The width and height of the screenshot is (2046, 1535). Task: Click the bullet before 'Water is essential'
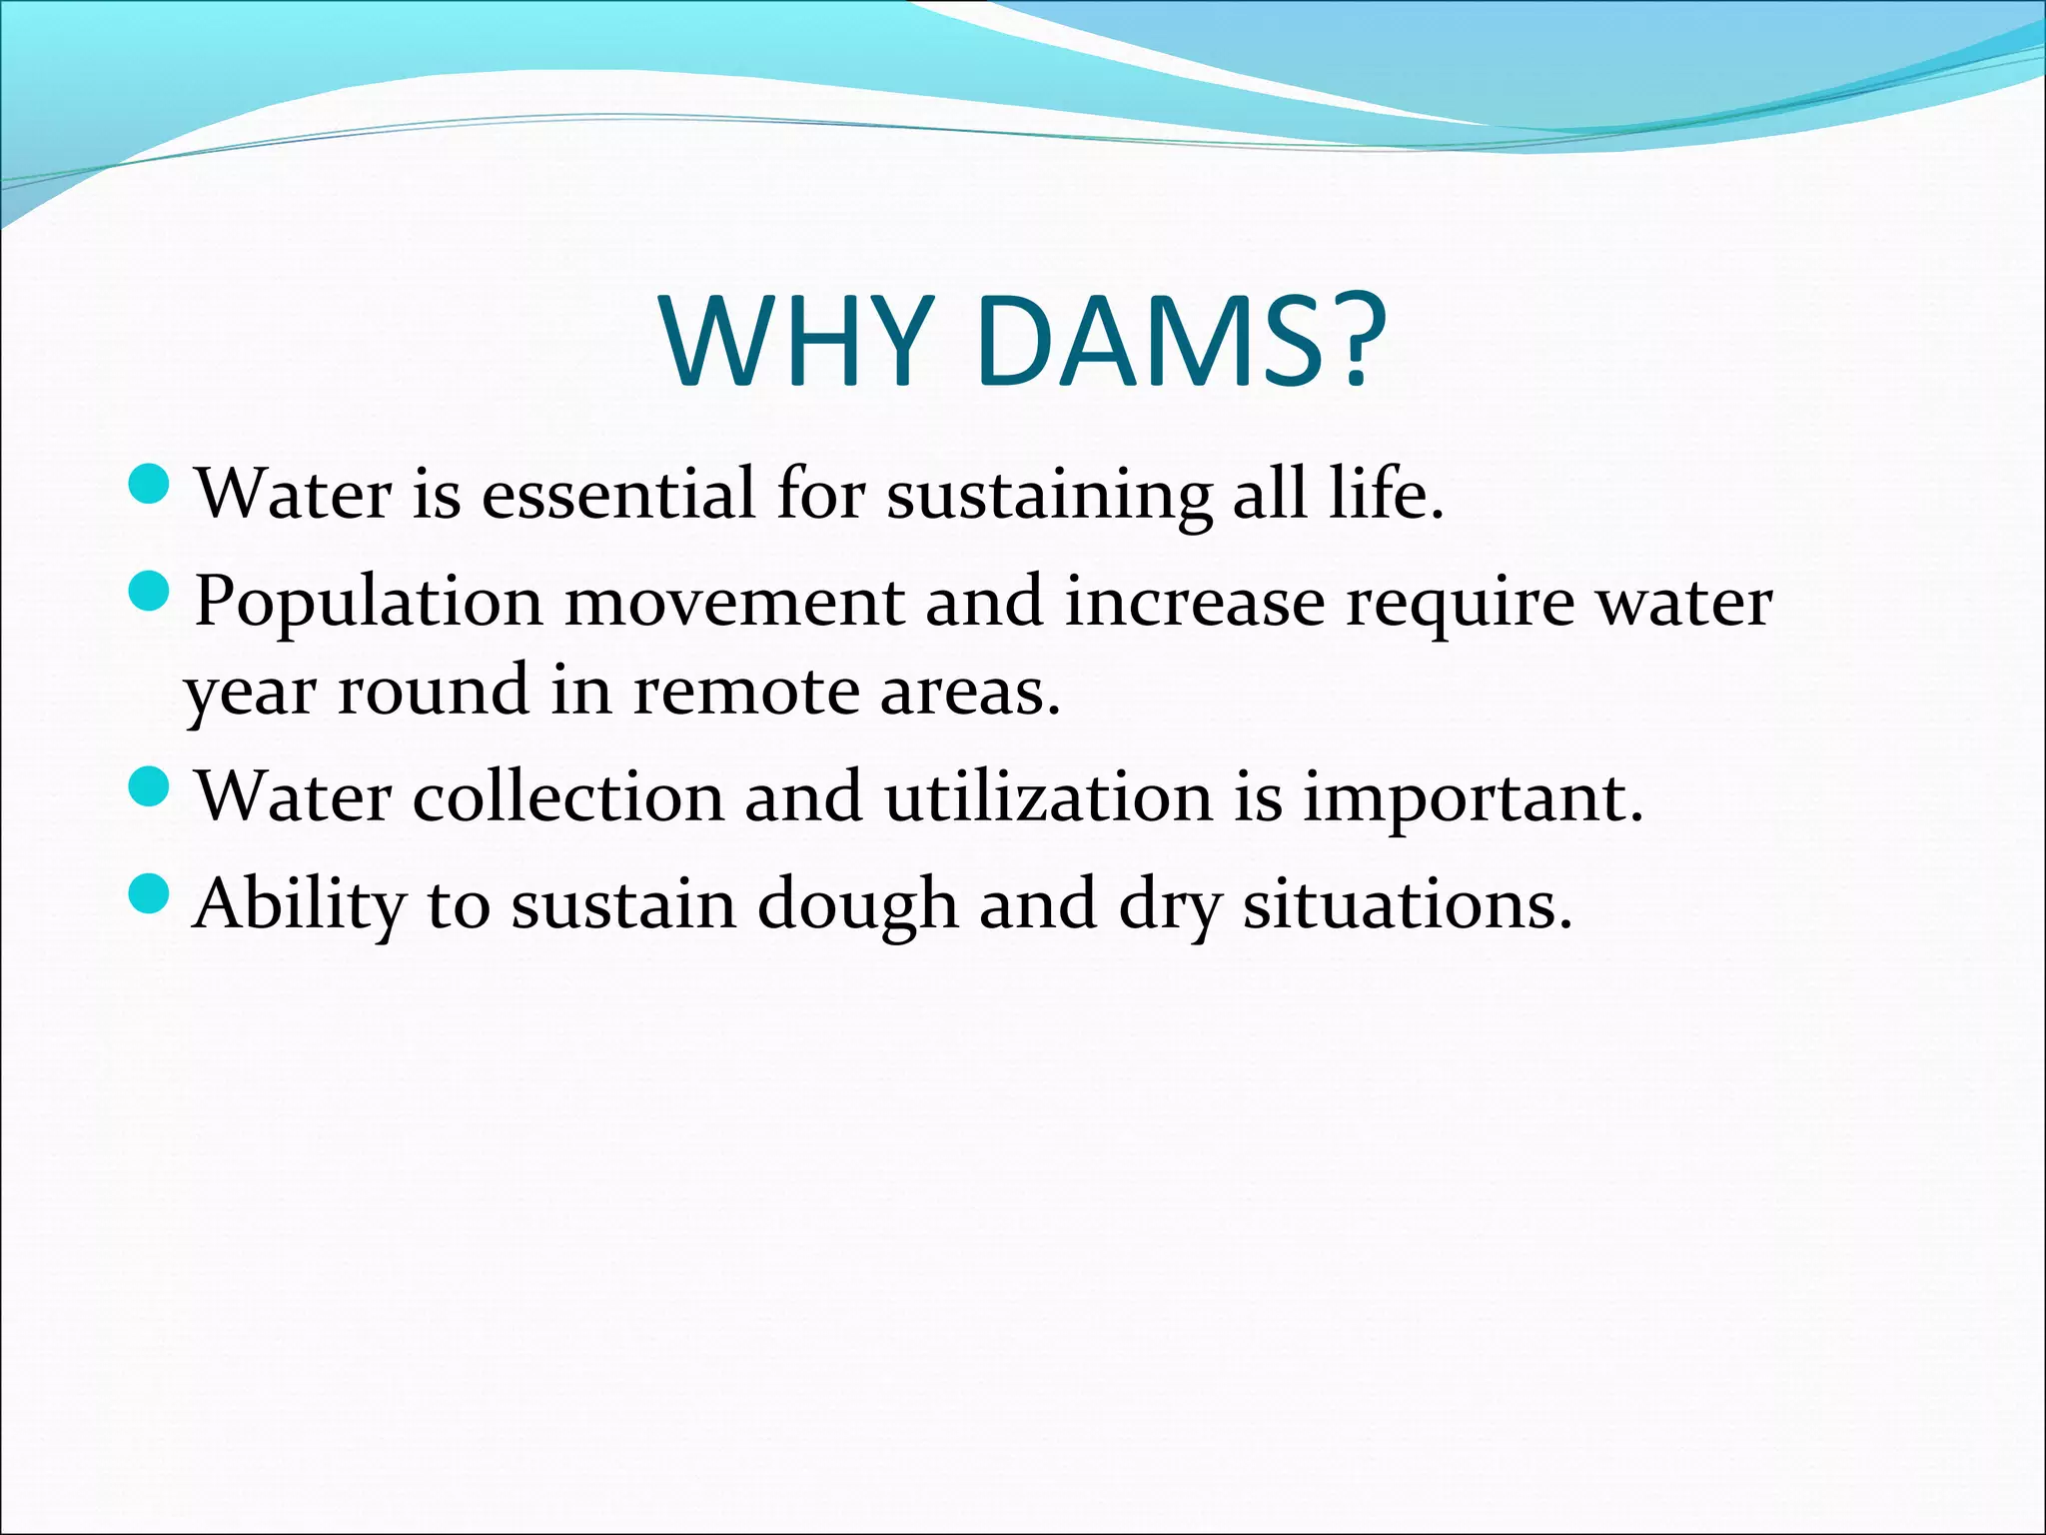click(151, 484)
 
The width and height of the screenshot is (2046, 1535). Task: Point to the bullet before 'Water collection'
click(151, 786)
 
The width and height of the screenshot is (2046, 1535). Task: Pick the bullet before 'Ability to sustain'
click(151, 892)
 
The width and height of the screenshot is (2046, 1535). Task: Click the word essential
click(618, 494)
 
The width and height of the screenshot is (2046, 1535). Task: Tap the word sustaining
click(1049, 496)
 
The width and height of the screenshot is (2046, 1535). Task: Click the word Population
click(369, 603)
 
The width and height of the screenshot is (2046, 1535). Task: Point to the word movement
click(734, 603)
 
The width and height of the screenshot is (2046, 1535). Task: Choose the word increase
click(1194, 603)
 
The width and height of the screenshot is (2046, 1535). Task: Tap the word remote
click(744, 692)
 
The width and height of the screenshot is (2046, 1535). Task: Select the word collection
click(568, 797)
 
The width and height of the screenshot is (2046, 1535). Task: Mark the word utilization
click(1048, 797)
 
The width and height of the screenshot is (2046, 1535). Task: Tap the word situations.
click(1407, 904)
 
